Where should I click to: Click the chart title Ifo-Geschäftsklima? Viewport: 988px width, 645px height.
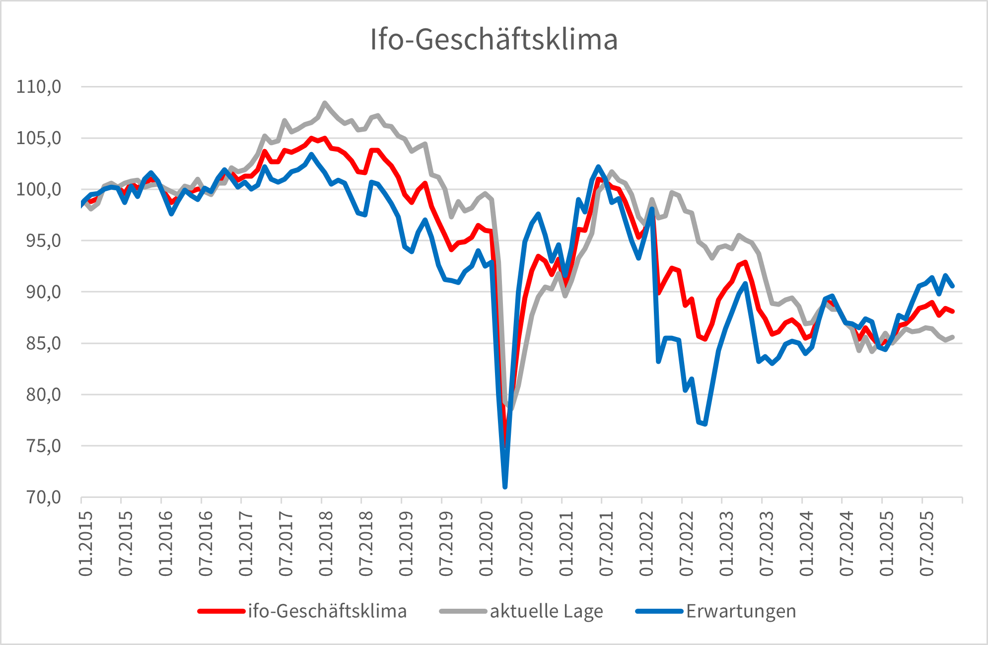click(494, 39)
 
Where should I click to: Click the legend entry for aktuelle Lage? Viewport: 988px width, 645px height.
click(546, 611)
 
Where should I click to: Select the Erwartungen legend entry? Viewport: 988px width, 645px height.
click(741, 611)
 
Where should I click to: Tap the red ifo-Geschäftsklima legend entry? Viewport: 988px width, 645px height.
click(327, 611)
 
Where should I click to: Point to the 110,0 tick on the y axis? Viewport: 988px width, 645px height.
click(39, 87)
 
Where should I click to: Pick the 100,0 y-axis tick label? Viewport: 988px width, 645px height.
click(39, 189)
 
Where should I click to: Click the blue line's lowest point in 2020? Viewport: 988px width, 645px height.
click(505, 486)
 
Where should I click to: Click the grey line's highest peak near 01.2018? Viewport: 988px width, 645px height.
click(325, 103)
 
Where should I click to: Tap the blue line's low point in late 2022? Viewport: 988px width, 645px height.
click(705, 424)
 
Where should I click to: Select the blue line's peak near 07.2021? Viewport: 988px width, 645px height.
click(598, 167)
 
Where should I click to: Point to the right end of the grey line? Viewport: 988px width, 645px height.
click(953, 337)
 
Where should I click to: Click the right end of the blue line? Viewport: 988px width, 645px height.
click(953, 286)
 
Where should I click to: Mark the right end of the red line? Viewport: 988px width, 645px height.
click(953, 312)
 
